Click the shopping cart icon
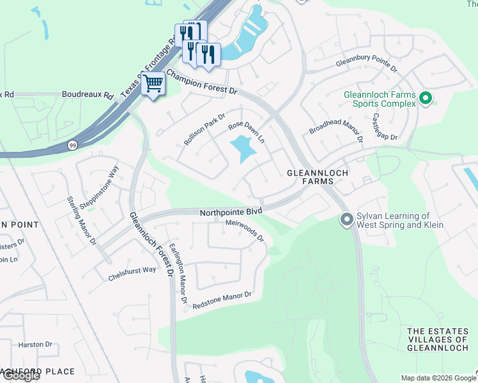(x=153, y=84)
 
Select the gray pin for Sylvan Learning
(x=346, y=220)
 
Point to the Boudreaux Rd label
(x=88, y=94)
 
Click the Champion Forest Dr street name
(x=202, y=82)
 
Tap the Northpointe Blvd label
(x=231, y=213)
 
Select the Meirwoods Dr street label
(x=245, y=230)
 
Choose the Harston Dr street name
(x=35, y=345)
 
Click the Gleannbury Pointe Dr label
(x=367, y=66)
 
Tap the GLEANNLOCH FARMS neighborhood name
(x=311, y=177)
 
